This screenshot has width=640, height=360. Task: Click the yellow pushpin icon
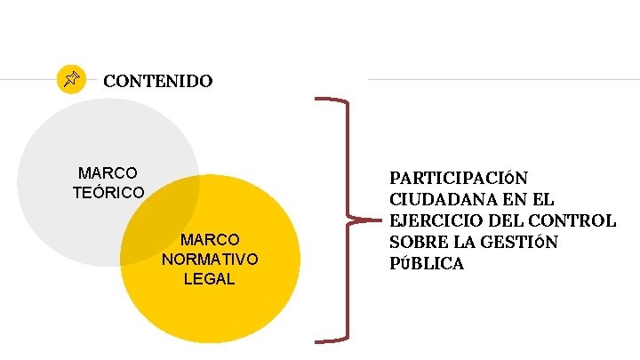click(x=71, y=80)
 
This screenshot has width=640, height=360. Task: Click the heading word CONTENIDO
click(x=157, y=82)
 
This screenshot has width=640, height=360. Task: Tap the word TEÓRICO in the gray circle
click(x=108, y=192)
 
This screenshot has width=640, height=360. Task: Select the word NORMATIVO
click(x=210, y=260)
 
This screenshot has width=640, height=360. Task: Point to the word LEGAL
click(x=210, y=279)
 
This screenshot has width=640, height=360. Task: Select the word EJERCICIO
click(x=430, y=221)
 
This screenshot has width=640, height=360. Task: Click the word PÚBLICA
click(x=427, y=264)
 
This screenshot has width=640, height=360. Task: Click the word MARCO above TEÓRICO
click(x=108, y=172)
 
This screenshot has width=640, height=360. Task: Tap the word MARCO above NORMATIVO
click(x=210, y=240)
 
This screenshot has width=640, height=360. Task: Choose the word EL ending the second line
click(x=542, y=200)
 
